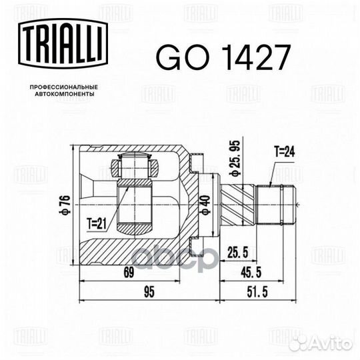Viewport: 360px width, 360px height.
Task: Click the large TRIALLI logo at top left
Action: (x=63, y=44)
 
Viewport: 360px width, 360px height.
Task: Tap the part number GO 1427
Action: (x=223, y=57)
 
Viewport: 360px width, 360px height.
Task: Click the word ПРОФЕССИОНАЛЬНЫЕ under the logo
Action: (x=64, y=87)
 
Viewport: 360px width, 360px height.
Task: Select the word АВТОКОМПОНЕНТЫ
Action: (x=65, y=94)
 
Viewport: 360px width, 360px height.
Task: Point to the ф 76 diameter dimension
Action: (x=65, y=205)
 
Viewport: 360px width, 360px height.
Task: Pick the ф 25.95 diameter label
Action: (x=235, y=158)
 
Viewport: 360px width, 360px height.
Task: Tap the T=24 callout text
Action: (x=285, y=152)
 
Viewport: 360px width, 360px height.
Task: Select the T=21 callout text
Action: (x=97, y=223)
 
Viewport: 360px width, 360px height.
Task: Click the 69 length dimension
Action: (x=129, y=273)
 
